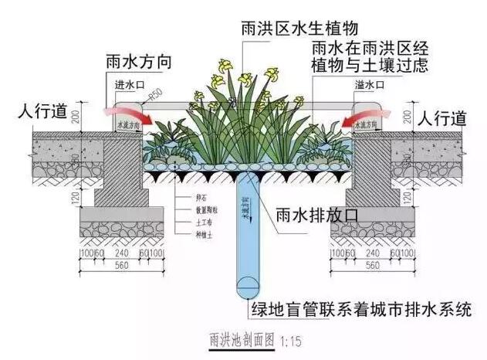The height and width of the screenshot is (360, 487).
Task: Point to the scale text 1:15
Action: [x=289, y=340]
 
